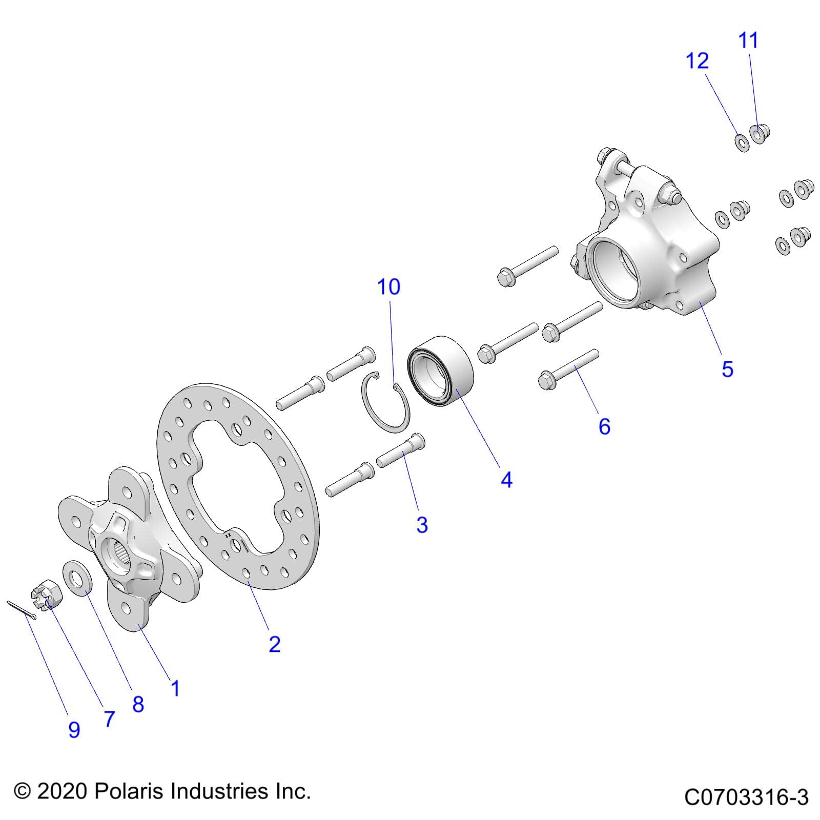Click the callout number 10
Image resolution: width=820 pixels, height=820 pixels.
click(388, 287)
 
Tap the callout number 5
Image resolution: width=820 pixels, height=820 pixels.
click(727, 369)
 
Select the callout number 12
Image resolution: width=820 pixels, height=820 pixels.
click(698, 61)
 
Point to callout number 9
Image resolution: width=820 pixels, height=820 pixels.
click(74, 730)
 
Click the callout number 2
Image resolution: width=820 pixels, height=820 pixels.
click(275, 644)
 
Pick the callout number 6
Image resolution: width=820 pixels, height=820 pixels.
click(605, 426)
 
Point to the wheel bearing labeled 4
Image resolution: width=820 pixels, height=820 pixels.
click(440, 366)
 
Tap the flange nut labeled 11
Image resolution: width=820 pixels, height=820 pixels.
click(760, 134)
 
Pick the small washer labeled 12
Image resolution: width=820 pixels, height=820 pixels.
click(742, 142)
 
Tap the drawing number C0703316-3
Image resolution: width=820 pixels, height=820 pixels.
click(746, 798)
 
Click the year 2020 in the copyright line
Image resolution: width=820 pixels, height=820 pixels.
click(61, 791)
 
